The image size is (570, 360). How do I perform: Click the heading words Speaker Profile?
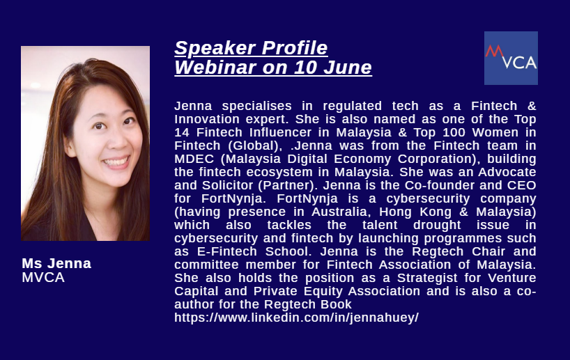pyautogui.click(x=251, y=48)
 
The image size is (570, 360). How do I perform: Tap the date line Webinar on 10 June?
pyautogui.click(x=273, y=68)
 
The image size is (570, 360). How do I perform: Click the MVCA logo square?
pyautogui.click(x=511, y=58)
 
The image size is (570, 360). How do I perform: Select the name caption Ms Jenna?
pyautogui.click(x=56, y=263)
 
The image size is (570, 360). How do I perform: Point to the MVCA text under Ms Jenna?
pyautogui.click(x=43, y=278)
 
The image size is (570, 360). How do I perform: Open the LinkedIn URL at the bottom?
pyautogui.click(x=296, y=318)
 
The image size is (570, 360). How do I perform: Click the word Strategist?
pyautogui.click(x=427, y=279)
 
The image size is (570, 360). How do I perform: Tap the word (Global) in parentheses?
pyautogui.click(x=255, y=146)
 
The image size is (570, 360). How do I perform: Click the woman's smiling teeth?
pyautogui.click(x=116, y=162)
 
